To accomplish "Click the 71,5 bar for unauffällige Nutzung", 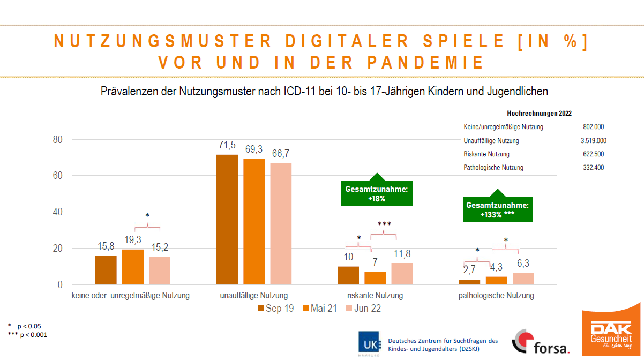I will pyautogui.click(x=227, y=219).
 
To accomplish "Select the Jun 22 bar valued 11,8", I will pyautogui.click(x=402, y=274).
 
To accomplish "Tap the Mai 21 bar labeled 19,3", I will pyautogui.click(x=133, y=267).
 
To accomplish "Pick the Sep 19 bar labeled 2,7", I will pyautogui.click(x=469, y=282).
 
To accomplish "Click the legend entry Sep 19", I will pyautogui.click(x=275, y=309).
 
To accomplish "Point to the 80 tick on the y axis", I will pyautogui.click(x=57, y=140).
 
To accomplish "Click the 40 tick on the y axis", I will pyautogui.click(x=57, y=212).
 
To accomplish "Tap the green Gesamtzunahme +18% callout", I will pyautogui.click(x=377, y=193).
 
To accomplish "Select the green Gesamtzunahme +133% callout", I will pyautogui.click(x=498, y=209).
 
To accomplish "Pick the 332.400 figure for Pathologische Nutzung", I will pyautogui.click(x=593, y=168).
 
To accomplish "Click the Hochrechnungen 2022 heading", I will pyautogui.click(x=539, y=114).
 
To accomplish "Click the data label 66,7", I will pyautogui.click(x=281, y=154).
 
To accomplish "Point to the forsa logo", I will pyautogui.click(x=541, y=343).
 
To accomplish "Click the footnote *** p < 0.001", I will pyautogui.click(x=28, y=335).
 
